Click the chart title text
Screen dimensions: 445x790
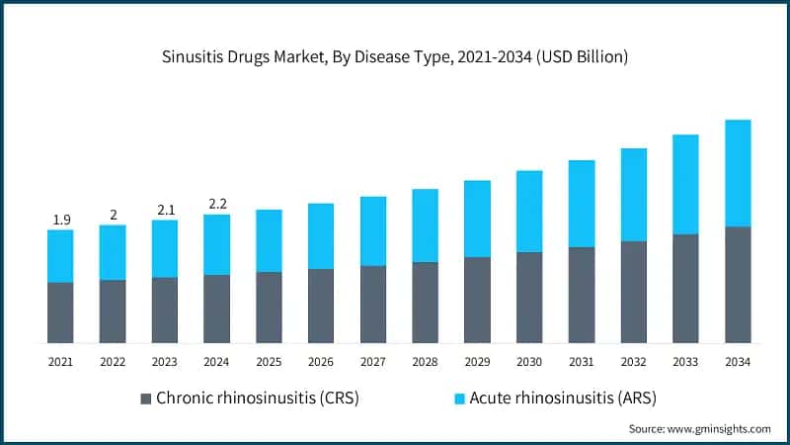tap(395, 57)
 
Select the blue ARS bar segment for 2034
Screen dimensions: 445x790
tap(738, 173)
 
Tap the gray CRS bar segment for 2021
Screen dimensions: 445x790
tap(60, 312)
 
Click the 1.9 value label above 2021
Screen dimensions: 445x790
tap(60, 219)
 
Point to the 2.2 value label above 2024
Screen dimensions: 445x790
tap(216, 204)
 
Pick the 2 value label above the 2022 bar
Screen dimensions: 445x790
tap(113, 215)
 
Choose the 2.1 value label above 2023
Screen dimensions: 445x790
tap(165, 209)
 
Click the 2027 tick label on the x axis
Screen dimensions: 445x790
tap(372, 363)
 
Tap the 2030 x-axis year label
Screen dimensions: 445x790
tap(529, 363)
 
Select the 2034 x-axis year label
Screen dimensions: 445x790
tap(738, 363)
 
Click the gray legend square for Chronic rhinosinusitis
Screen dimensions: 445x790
tap(146, 399)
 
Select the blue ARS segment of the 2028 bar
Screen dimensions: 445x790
tap(425, 225)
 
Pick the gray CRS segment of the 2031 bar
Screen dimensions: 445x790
tap(582, 295)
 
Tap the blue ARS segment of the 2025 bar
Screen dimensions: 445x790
tap(269, 240)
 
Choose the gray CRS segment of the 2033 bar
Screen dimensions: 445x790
tap(685, 288)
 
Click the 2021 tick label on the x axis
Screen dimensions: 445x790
tap(60, 363)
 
